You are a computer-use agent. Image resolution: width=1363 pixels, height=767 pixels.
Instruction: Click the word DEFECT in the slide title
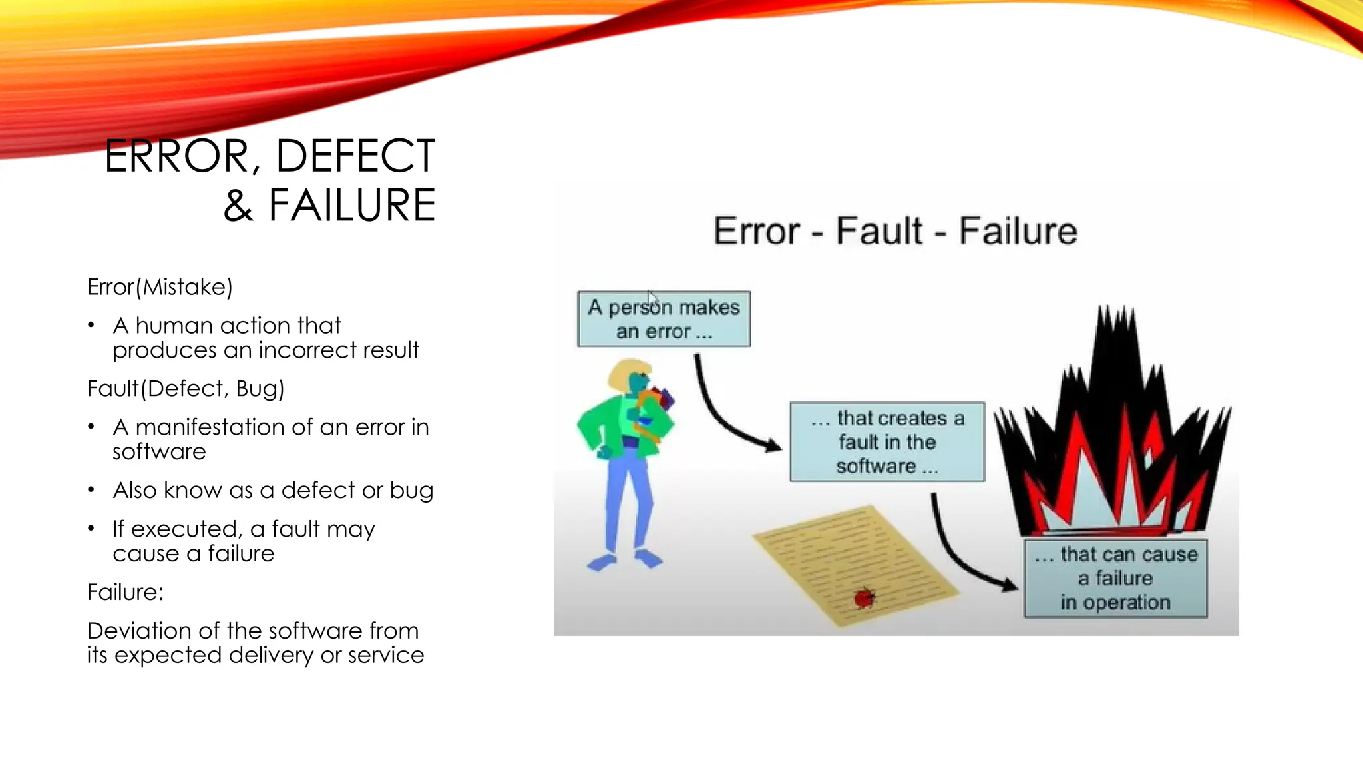(x=355, y=157)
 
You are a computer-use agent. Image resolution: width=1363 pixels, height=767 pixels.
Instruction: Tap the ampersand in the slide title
(x=238, y=206)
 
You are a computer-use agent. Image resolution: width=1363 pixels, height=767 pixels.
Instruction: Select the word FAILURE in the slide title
(x=352, y=206)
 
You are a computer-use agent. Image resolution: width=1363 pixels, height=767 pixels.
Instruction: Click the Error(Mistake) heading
(x=160, y=287)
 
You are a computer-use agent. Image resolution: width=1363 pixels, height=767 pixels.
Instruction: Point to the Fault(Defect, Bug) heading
(x=186, y=388)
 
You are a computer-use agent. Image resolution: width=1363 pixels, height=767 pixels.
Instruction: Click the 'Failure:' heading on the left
(x=125, y=592)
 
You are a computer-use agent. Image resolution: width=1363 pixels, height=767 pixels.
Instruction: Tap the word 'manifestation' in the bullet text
(x=224, y=427)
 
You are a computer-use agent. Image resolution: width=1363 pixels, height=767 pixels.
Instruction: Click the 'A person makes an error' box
(x=664, y=319)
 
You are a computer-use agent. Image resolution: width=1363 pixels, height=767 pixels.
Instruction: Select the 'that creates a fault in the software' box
(x=886, y=442)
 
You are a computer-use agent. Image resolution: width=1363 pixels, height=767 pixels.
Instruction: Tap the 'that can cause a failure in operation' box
(x=1115, y=578)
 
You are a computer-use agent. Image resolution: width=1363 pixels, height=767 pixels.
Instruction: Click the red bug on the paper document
(x=864, y=598)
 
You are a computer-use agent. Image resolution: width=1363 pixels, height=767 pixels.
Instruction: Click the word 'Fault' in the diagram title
(x=878, y=231)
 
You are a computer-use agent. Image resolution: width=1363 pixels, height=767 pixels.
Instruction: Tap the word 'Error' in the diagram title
(x=756, y=231)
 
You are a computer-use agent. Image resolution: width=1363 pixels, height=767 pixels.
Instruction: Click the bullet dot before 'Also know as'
(x=91, y=491)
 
